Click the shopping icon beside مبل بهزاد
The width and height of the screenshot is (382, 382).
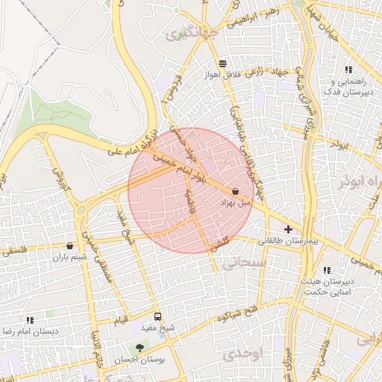(x=236, y=192)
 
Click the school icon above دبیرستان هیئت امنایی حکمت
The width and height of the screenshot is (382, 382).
(x=326, y=271)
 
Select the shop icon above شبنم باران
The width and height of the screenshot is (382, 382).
(x=69, y=245)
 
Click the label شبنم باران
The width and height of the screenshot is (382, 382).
(x=69, y=257)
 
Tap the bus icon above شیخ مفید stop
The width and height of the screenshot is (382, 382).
(x=157, y=316)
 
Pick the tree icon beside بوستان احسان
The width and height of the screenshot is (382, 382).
(x=139, y=348)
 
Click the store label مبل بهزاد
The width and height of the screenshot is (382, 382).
(x=237, y=203)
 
